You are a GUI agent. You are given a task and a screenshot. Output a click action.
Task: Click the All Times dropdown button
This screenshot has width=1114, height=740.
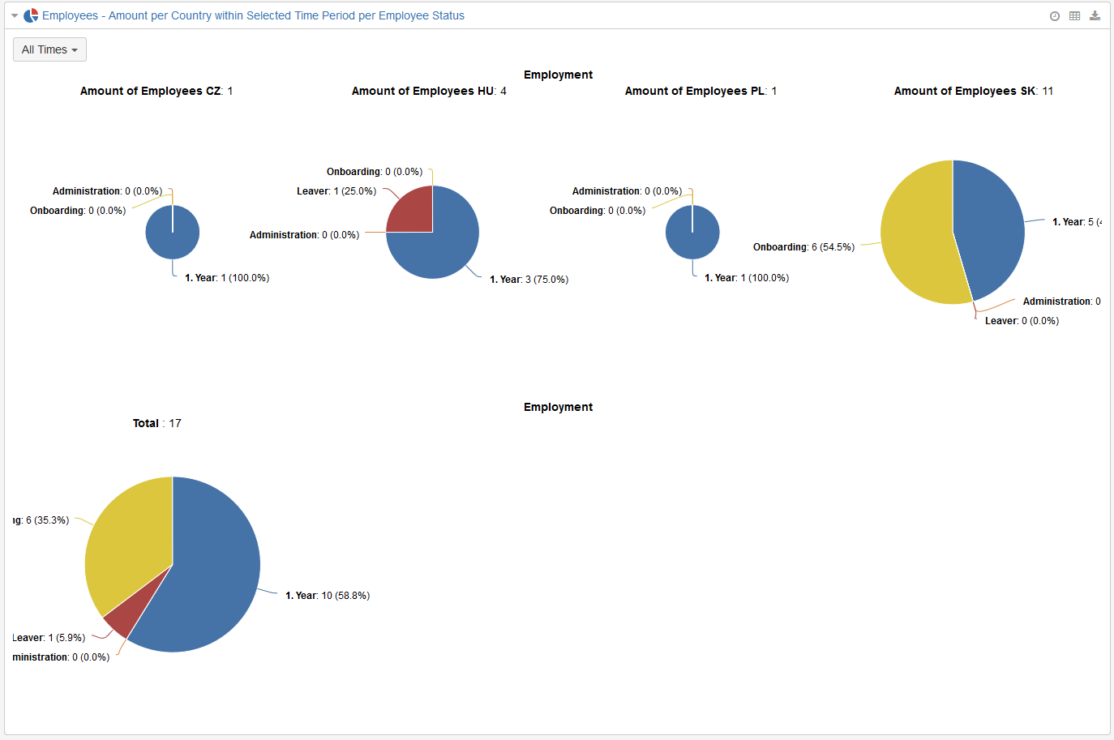click(x=49, y=49)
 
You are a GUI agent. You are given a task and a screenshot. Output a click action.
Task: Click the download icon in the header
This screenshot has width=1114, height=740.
click(x=1095, y=15)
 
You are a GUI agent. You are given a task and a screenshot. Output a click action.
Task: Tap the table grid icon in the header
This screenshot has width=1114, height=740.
click(x=1074, y=15)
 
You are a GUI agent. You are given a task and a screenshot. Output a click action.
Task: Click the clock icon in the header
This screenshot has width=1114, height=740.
click(x=1055, y=16)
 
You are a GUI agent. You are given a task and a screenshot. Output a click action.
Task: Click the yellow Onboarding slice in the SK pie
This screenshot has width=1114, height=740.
click(x=916, y=235)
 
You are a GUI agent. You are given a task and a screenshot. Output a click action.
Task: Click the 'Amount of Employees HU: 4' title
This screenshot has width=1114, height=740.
click(x=429, y=91)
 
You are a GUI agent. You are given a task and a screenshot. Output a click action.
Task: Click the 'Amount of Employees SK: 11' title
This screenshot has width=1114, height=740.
click(x=973, y=91)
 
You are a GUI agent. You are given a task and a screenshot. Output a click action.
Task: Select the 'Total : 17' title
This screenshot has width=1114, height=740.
click(x=157, y=423)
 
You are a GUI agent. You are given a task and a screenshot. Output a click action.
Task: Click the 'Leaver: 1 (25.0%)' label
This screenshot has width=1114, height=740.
click(x=336, y=191)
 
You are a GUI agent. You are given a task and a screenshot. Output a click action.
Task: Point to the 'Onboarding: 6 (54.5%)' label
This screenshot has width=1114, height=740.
click(x=803, y=247)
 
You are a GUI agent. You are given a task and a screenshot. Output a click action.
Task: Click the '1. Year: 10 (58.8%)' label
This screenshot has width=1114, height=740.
click(x=328, y=596)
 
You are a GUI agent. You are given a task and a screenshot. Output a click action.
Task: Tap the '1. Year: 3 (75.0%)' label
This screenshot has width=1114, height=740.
click(x=529, y=280)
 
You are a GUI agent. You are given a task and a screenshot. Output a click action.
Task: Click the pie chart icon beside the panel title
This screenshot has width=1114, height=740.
click(x=31, y=15)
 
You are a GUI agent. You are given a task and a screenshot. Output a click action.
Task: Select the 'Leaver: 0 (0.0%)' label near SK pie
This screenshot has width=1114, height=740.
click(x=1022, y=321)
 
